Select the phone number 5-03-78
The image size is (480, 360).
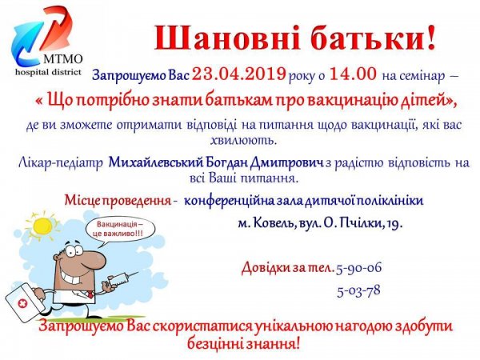click(x=358, y=290)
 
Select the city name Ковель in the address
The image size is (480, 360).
click(x=280, y=223)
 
